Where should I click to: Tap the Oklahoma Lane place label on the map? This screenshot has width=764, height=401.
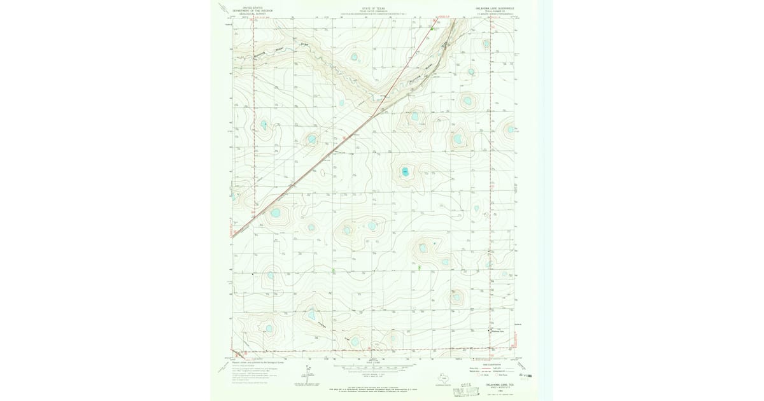coord(497,331)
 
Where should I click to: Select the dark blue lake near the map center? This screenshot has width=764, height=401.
coord(405,171)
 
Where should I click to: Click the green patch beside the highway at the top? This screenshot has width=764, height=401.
coord(432,28)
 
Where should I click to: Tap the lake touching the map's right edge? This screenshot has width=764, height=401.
coord(510,129)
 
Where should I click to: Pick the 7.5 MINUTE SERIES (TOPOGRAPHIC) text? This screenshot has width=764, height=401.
coord(495,14)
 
